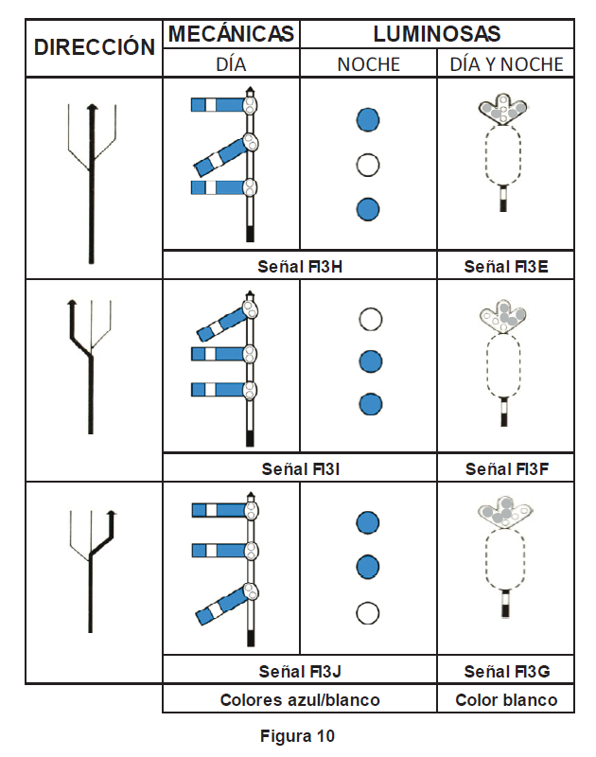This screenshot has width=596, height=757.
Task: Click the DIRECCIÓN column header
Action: [x=95, y=47]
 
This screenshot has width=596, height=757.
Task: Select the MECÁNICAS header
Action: [x=232, y=34]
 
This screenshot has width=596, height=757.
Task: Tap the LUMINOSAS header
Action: [x=436, y=34]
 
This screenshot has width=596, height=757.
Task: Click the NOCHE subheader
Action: [x=368, y=64]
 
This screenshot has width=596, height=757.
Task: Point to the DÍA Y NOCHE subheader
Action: [x=506, y=64]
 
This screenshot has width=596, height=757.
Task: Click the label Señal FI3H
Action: [x=300, y=267]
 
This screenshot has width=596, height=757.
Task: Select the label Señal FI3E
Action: [x=506, y=267]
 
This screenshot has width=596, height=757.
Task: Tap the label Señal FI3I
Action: [x=300, y=468]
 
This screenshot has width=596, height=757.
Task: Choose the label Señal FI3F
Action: [x=506, y=468]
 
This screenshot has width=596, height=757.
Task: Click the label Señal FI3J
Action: [x=300, y=671]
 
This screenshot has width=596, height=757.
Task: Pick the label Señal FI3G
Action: [x=506, y=671]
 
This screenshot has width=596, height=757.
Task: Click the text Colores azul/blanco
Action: [x=300, y=700]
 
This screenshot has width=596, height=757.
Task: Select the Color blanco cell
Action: [x=506, y=700]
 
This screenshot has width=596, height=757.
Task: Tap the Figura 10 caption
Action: [x=297, y=735]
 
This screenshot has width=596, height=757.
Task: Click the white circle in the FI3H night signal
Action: [x=368, y=166]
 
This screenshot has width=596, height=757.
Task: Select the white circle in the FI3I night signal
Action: [x=369, y=318]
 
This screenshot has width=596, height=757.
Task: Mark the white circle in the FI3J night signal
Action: [x=368, y=612]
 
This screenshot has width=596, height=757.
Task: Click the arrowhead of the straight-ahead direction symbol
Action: [x=92, y=108]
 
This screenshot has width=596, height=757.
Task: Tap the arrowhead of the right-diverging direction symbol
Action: [x=112, y=516]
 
